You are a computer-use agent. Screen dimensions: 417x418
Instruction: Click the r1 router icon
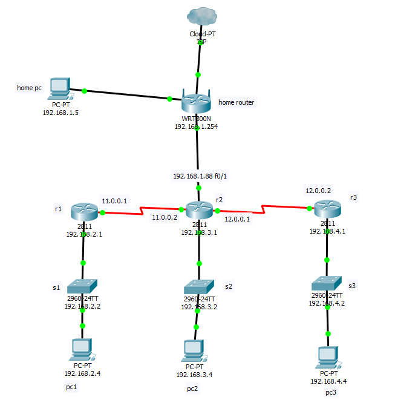(83, 212)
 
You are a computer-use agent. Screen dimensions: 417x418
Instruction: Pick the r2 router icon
(198, 210)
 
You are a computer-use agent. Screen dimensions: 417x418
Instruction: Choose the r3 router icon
(327, 209)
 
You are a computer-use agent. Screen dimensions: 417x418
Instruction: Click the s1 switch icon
(83, 285)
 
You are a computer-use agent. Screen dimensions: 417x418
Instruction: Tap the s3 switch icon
(327, 283)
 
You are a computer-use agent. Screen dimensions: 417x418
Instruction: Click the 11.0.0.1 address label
(114, 200)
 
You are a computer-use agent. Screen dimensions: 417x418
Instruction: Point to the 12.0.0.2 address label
(318, 190)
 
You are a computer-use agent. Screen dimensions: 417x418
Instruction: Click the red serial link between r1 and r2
(142, 211)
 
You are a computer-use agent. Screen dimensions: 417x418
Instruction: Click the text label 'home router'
(236, 102)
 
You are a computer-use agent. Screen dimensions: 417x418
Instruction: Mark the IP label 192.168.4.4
(328, 381)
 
